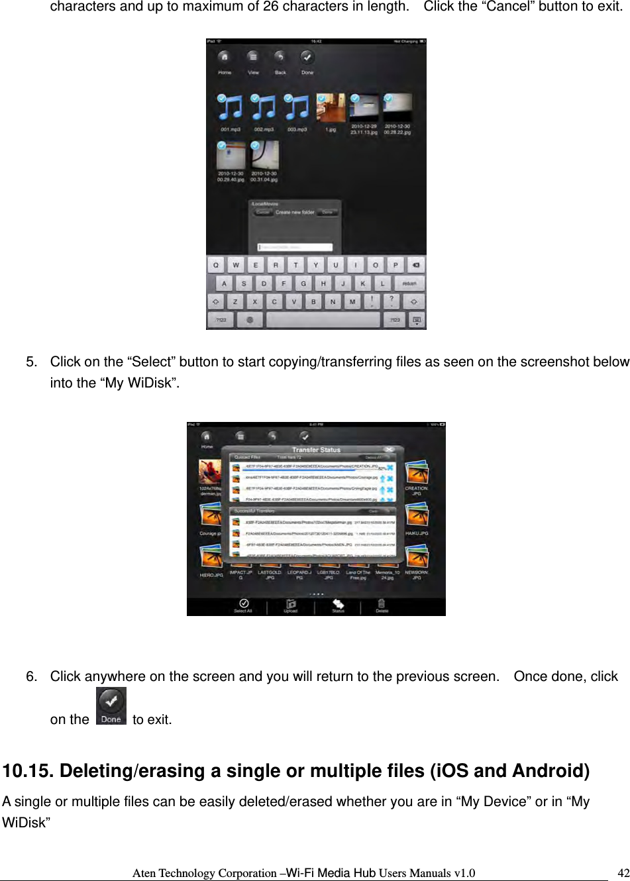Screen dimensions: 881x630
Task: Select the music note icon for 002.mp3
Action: tap(264, 107)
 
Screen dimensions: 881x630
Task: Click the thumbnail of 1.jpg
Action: tap(331, 108)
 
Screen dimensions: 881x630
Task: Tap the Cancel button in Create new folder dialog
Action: tap(263, 213)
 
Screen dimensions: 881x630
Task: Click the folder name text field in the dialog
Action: tap(295, 247)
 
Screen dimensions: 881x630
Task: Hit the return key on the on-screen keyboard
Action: tap(409, 284)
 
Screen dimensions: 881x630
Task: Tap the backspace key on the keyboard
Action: tap(415, 266)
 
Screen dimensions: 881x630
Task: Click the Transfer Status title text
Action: tap(316, 450)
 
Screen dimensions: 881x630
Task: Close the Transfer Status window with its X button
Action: tap(390, 450)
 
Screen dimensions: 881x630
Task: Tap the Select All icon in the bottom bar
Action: tap(243, 605)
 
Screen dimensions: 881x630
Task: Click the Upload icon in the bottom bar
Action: tap(291, 605)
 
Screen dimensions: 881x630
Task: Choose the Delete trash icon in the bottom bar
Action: tap(382, 605)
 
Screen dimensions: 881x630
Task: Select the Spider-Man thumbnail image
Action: tap(210, 472)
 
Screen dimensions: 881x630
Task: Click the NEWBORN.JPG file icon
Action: tap(417, 557)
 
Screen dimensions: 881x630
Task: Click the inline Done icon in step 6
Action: tap(111, 706)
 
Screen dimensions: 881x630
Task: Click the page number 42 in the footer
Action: tap(623, 872)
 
